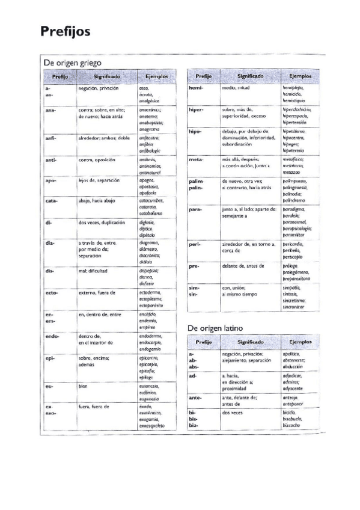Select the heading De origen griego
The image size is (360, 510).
coord(72,63)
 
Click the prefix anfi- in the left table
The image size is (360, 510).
coord(50,137)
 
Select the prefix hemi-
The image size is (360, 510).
coord(196,88)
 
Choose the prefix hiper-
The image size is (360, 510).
coord(197,110)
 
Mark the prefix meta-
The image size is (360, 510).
coord(196,159)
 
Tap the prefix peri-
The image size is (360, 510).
coord(195,245)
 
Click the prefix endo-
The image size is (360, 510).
coord(52,336)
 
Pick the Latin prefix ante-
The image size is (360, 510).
coord(195,398)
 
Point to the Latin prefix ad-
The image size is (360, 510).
coord(192,375)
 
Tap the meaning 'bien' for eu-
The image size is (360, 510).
coord(83,386)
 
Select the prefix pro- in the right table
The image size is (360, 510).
coord(194,266)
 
